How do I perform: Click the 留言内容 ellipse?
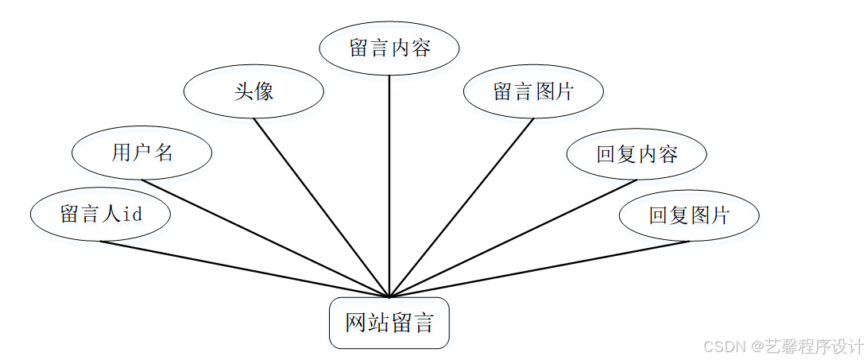coord(389,48)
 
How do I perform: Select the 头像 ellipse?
coord(254,91)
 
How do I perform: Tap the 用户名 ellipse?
coord(142,153)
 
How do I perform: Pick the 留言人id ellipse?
coord(100,214)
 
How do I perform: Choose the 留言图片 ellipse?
coord(533,91)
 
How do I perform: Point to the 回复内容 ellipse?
coord(637,154)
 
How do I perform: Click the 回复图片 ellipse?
coord(689,215)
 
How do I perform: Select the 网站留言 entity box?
coord(389,323)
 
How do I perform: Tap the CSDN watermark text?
coord(784,346)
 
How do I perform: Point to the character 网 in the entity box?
coord(356,323)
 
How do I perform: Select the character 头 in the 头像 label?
coord(243,91)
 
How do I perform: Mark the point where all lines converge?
coord(389,297)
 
